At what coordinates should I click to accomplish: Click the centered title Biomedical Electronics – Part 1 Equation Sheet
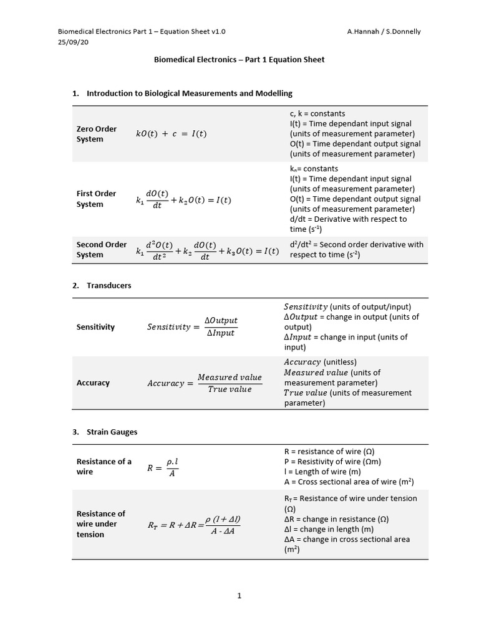tap(239, 60)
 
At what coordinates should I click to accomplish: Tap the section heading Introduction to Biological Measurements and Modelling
tap(189, 93)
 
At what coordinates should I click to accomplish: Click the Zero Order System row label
tap(97, 134)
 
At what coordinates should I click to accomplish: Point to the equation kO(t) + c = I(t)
tap(172, 134)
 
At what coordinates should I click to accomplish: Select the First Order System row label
tap(97, 199)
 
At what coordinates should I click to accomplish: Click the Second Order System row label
tap(101, 249)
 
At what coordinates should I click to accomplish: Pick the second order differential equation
tap(207, 250)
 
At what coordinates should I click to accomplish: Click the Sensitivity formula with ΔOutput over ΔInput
tap(192, 326)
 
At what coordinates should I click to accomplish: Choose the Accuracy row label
tap(93, 383)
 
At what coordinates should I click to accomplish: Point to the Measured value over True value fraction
tap(230, 383)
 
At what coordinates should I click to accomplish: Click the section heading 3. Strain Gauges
tap(105, 432)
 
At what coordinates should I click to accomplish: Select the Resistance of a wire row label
tap(104, 467)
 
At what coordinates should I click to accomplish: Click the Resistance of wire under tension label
tap(100, 524)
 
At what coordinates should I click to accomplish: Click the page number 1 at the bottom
tap(239, 596)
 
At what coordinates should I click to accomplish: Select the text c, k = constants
tap(317, 113)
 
